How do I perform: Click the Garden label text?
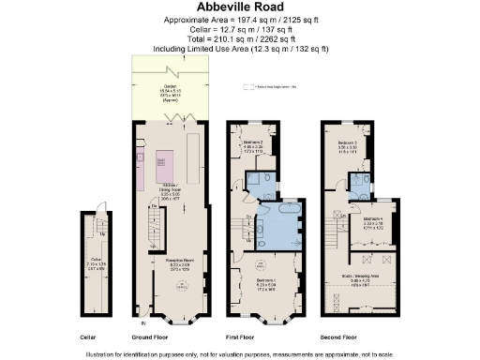tap(170, 92)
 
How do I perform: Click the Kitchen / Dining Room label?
tap(168, 192)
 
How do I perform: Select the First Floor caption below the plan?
tap(254, 336)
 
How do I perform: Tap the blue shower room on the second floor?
tap(358, 184)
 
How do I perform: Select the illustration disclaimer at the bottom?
tap(239, 352)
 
